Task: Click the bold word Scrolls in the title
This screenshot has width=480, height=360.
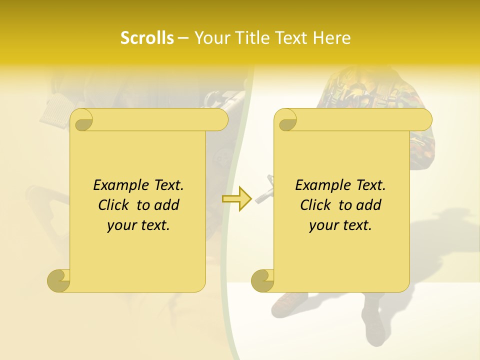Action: click(x=147, y=38)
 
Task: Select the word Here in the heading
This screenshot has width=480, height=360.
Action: click(x=332, y=38)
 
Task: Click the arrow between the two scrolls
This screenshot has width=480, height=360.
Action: click(x=237, y=198)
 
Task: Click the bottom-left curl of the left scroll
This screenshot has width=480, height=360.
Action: click(x=58, y=280)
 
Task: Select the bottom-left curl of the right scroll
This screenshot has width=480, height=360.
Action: click(x=262, y=280)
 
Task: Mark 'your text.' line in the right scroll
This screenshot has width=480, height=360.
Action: click(x=340, y=225)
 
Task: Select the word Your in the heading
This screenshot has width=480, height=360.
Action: click(x=211, y=38)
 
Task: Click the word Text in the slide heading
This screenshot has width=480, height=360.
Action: click(x=292, y=38)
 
